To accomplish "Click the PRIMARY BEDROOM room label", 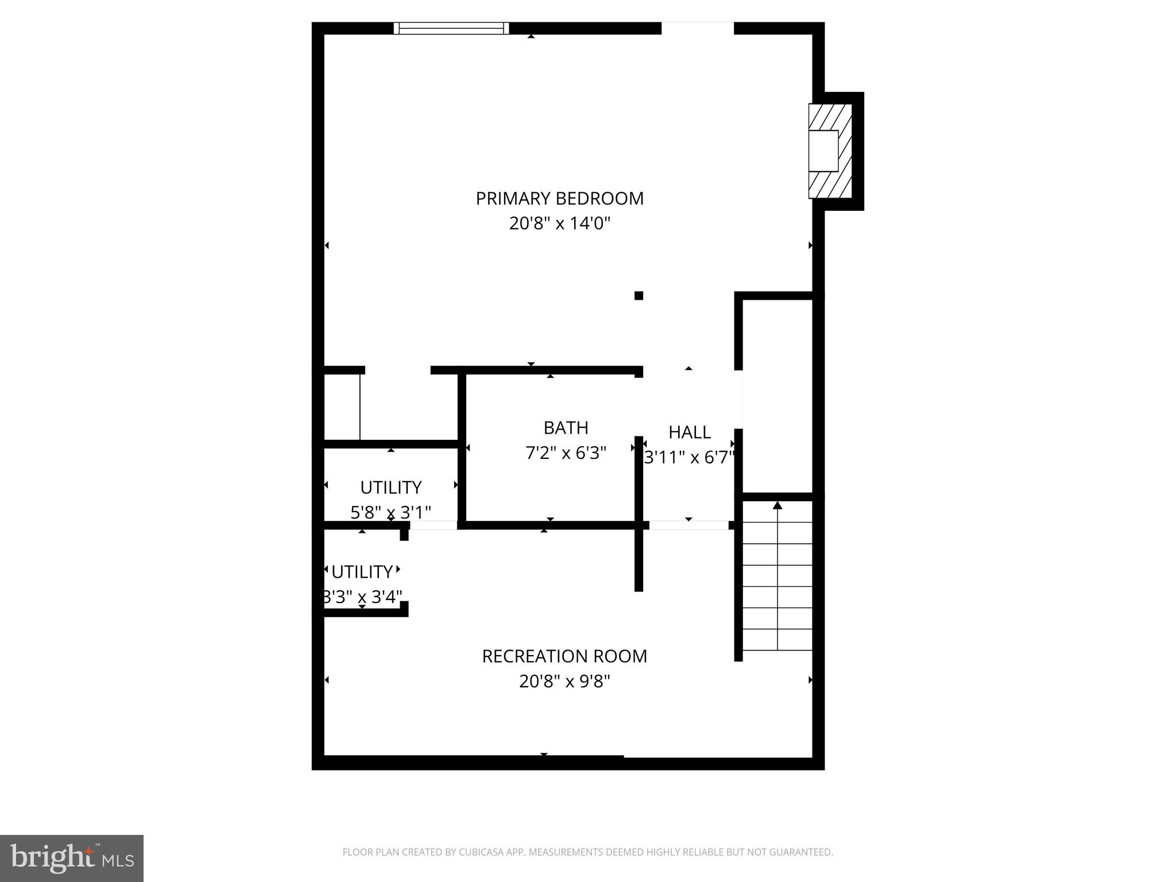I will coord(559,199).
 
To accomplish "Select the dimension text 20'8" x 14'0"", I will coord(559,223).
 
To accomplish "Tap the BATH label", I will coord(566,428).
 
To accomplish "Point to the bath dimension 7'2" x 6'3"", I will coord(566,453).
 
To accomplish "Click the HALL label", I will coord(689,432).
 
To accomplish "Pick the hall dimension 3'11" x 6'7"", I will coord(689,458).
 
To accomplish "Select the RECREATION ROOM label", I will coord(564,656).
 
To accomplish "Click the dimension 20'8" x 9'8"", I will coord(564,681).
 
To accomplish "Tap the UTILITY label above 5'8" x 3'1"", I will coord(390,488).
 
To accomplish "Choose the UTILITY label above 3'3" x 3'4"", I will coord(362,572).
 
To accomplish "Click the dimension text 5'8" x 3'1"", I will coord(390,512).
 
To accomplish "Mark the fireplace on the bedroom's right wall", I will coord(829,151).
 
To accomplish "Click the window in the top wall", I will coord(451,28).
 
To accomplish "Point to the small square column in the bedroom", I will coord(639,296).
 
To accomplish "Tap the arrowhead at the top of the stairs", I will coord(777,505).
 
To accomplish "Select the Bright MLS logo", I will coord(72,858).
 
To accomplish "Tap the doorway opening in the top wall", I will coord(698,28).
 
